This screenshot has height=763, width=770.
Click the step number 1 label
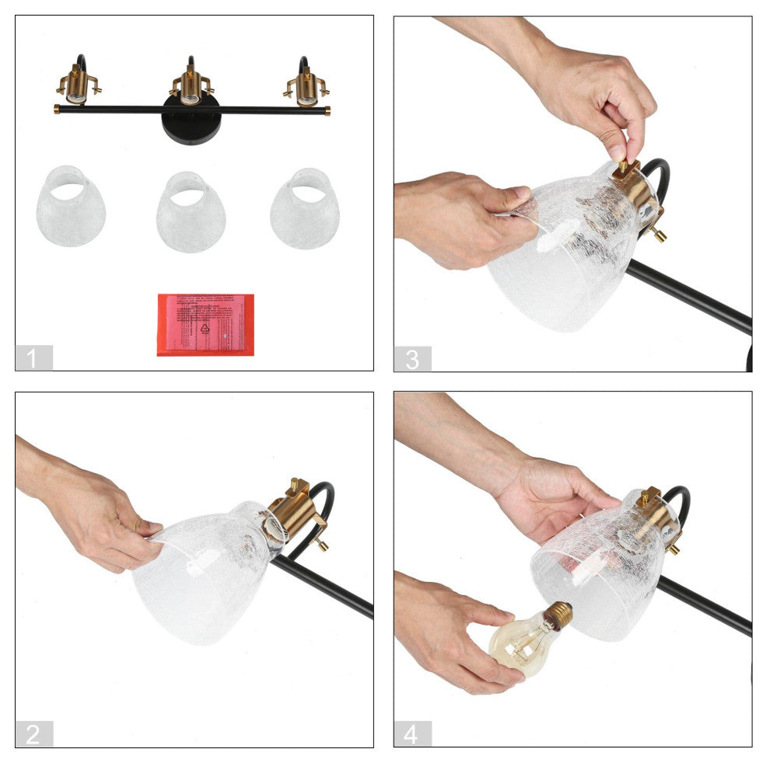coord(33,358)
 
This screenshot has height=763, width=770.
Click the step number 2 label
coord(33,734)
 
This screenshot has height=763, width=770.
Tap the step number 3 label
coord(412,358)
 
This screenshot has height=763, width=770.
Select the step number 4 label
coord(412,734)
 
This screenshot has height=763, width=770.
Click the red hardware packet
coord(205,324)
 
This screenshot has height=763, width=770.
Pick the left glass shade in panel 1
coord(70,207)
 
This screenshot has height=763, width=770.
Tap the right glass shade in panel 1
coord(305,208)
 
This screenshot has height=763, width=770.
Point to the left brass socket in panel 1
coord(77,87)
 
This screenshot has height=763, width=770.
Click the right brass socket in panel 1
coord(306,87)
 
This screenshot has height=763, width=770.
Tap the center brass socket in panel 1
coord(191,87)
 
